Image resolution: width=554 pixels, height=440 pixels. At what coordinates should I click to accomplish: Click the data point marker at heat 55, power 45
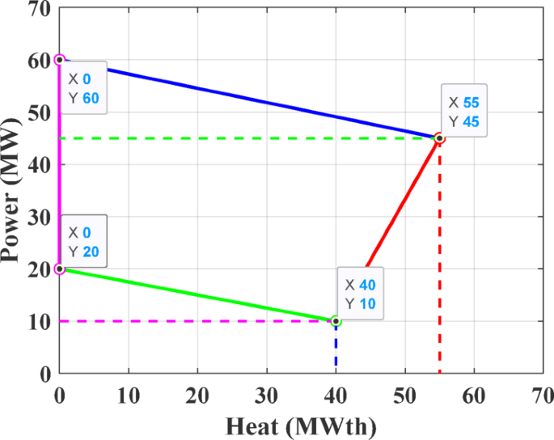(x=439, y=138)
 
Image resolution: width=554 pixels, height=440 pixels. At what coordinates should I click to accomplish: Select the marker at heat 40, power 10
(x=336, y=321)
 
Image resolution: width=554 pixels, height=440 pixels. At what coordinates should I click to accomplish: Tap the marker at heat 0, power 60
(x=59, y=60)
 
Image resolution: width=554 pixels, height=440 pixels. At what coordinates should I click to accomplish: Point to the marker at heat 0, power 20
(x=59, y=269)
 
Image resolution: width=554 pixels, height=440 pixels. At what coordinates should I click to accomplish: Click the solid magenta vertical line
(x=58, y=162)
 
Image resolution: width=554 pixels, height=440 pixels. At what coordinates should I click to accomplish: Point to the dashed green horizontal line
(x=243, y=138)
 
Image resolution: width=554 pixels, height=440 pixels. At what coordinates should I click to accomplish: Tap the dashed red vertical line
(x=439, y=259)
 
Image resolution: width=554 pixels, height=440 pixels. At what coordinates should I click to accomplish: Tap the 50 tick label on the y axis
(x=37, y=112)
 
